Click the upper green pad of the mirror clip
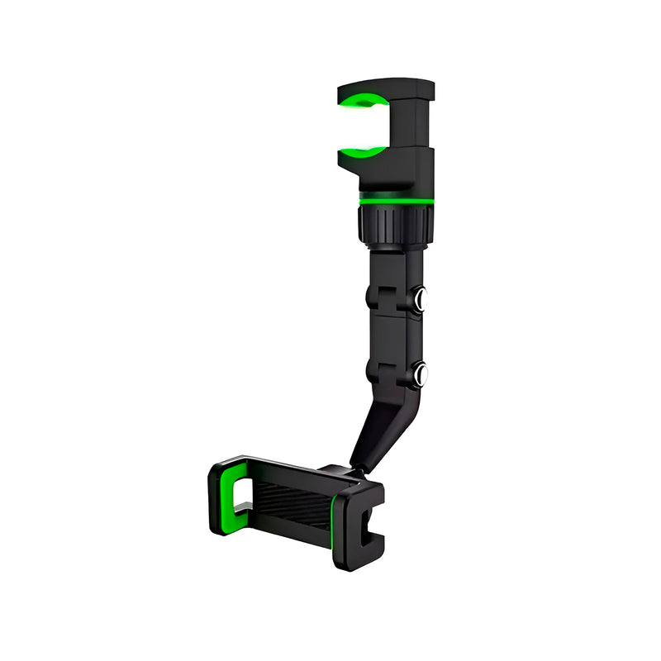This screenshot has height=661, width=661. click(364, 102)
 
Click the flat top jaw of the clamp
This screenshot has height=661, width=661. click(388, 86)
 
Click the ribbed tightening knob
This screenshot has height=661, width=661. click(395, 224)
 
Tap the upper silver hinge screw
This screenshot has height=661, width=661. click(421, 300)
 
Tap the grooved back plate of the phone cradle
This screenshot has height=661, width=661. click(289, 504)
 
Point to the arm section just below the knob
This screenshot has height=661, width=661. click(395, 264)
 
